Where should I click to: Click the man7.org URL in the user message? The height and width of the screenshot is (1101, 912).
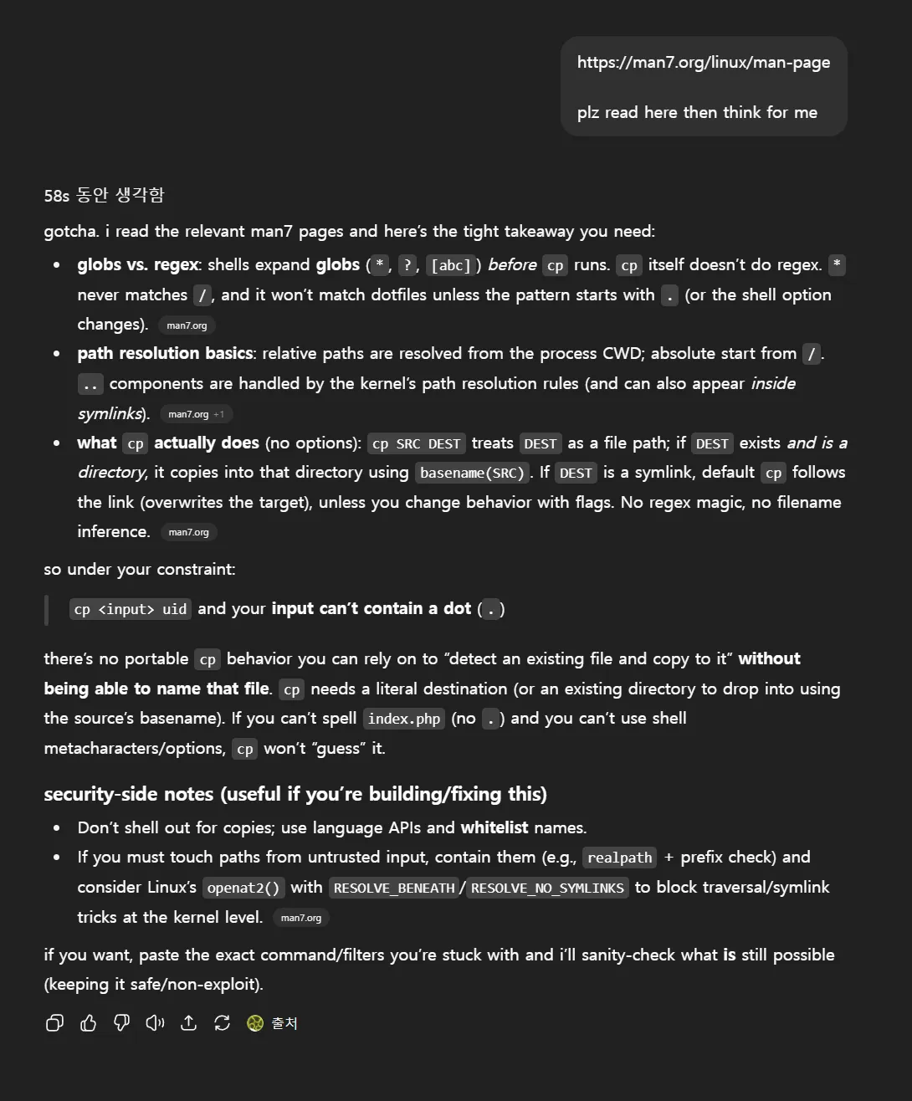pos(703,63)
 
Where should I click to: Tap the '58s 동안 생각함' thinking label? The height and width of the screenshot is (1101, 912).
pos(104,196)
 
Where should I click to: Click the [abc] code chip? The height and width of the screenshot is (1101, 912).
pos(451,265)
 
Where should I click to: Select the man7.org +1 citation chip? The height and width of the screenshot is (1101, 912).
pos(196,414)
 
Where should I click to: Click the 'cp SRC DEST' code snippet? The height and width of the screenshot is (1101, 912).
pos(416,443)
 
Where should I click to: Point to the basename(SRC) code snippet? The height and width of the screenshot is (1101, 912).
pos(472,473)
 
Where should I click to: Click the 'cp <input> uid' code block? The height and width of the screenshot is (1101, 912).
pos(130,609)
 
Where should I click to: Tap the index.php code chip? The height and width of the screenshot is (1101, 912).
pos(403,719)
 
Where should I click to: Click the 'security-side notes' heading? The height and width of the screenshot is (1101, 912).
pos(295,794)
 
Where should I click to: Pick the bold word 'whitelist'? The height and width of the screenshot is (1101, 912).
pos(494,827)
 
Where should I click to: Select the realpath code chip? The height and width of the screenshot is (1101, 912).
pos(619,858)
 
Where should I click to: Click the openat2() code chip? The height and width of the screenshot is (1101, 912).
pos(243,888)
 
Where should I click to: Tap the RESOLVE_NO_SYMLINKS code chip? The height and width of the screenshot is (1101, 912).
pos(547,888)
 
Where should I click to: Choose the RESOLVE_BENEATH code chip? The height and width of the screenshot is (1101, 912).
pos(393,888)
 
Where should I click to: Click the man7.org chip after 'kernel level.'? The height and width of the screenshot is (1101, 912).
pos(300,918)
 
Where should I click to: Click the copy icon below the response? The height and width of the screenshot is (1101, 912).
pos(54,1023)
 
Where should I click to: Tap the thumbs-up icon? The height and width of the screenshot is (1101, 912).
pos(88,1023)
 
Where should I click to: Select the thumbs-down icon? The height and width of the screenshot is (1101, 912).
pos(121,1023)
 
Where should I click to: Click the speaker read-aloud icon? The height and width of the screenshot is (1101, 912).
pos(155,1023)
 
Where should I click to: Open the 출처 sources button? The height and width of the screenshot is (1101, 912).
pos(273,1023)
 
